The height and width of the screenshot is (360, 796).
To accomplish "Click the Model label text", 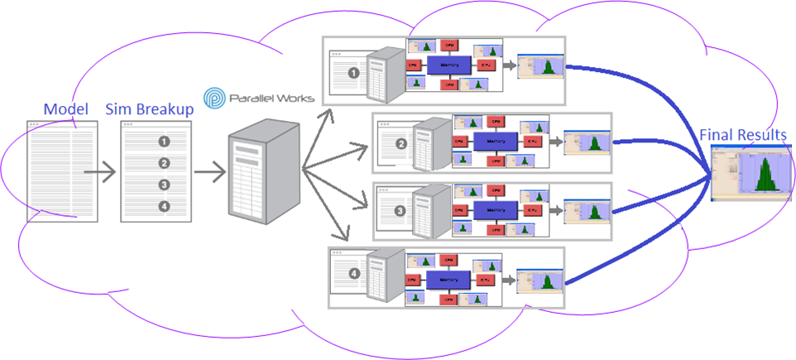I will pos(60,109).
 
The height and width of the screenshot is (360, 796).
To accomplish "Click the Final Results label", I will pos(743,134).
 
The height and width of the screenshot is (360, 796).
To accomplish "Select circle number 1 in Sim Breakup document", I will pos(164,142).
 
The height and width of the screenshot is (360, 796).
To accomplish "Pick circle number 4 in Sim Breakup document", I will pos(164,206).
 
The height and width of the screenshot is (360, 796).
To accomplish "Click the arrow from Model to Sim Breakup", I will pos(101,174).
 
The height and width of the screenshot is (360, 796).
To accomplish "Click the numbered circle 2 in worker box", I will pos(401,143).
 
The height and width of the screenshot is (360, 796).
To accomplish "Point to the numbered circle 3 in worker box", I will pos(401,211).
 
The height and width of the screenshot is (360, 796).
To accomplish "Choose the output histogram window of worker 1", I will pos(539,70).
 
